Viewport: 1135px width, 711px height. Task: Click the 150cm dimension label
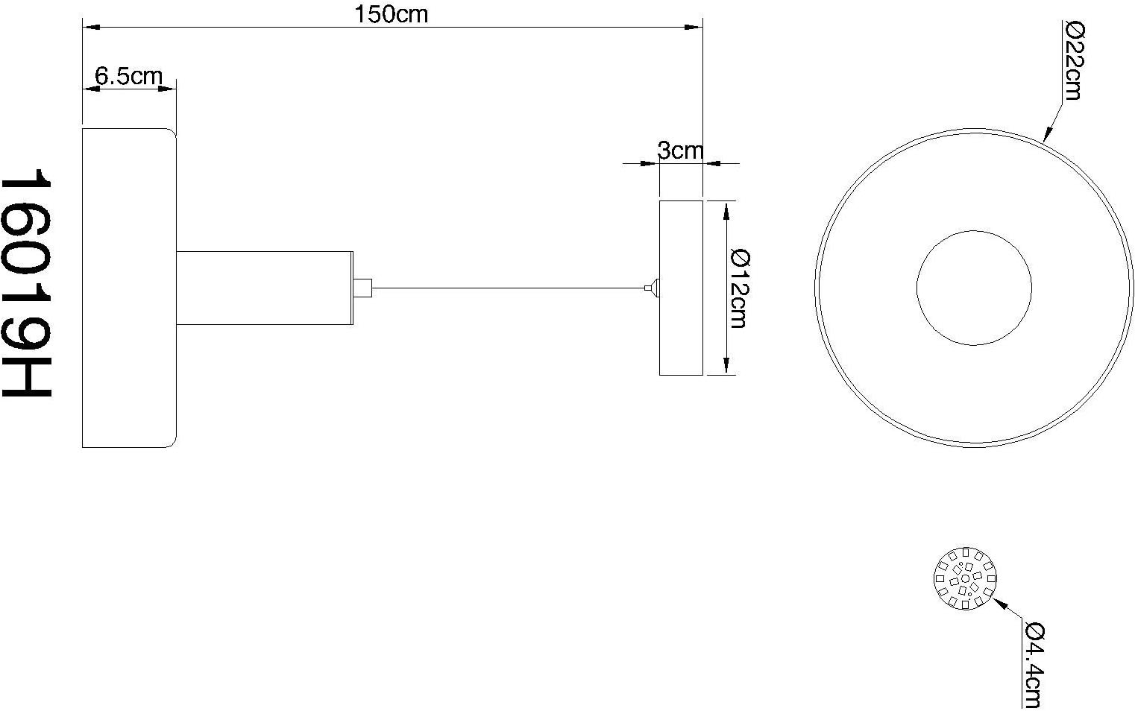(392, 14)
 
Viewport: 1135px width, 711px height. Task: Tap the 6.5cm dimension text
(128, 75)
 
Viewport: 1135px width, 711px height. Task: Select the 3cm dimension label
(679, 151)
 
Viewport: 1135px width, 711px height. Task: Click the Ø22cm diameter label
(1073, 61)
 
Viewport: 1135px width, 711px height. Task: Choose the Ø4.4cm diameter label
(1034, 666)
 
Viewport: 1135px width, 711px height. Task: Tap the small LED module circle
(965, 578)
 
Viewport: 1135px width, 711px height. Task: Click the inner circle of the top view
(973, 287)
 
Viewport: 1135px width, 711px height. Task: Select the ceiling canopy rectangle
(681, 288)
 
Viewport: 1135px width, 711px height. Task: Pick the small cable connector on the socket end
(362, 287)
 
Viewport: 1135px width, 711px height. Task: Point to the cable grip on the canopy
(653, 287)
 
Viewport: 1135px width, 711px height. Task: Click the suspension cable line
(507, 287)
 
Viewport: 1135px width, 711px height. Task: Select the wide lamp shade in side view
(128, 288)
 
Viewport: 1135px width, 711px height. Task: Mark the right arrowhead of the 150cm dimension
(695, 28)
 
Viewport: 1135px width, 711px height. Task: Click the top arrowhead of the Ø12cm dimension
(726, 211)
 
